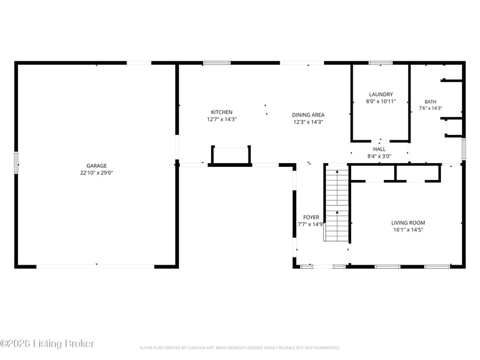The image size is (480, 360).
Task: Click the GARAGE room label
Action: tap(97, 166)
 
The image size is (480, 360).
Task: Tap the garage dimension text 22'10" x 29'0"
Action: tap(97, 173)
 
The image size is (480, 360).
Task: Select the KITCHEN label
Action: tap(221, 112)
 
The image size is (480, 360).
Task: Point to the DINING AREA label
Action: tap(308, 115)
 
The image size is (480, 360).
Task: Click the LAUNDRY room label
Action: tap(381, 94)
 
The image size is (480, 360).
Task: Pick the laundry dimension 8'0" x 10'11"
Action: tap(381, 101)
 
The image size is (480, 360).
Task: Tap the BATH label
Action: tap(430, 101)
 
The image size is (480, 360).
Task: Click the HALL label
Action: tap(379, 149)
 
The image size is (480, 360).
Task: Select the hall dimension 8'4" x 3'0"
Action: tap(379, 156)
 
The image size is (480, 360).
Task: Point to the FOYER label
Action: tap(311, 217)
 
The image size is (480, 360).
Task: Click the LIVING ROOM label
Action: tap(408, 223)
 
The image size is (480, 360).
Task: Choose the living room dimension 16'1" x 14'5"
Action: tap(408, 230)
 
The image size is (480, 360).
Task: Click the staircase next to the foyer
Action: tap(337, 203)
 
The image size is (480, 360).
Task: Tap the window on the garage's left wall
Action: tap(16, 163)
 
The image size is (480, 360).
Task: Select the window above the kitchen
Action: tap(217, 63)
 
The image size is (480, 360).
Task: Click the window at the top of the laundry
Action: tap(380, 63)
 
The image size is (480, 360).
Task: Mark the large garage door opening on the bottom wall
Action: tap(95, 266)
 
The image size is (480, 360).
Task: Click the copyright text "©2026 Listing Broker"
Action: tap(47, 344)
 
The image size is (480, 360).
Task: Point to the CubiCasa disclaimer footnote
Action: tap(239, 348)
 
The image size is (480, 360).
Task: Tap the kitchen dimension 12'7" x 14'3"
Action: tap(221, 119)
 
